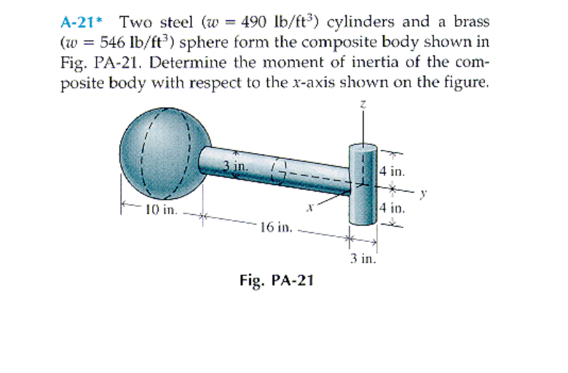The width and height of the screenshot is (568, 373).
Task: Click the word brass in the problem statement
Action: click(472, 20)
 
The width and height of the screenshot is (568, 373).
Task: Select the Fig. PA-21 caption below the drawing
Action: click(275, 280)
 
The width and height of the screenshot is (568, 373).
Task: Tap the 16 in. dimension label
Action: click(276, 227)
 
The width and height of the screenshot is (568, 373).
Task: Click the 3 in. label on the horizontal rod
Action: click(234, 165)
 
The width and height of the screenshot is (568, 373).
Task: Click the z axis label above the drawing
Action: click(363, 106)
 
